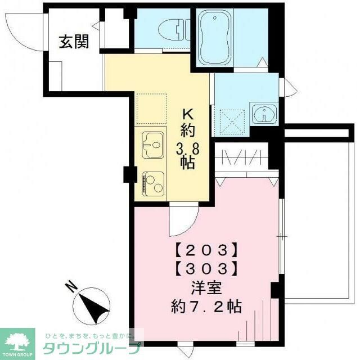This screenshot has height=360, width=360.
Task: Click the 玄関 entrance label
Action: pyautogui.click(x=74, y=42)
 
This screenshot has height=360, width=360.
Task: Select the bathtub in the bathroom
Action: pyautogui.click(x=216, y=38)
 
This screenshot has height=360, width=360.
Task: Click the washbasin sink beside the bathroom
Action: pyautogui.click(x=263, y=114)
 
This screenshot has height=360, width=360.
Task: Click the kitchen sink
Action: pyautogui.click(x=151, y=145)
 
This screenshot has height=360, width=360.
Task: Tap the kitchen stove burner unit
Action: pyautogui.click(x=151, y=182)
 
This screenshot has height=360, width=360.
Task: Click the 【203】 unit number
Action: pyautogui.click(x=205, y=249)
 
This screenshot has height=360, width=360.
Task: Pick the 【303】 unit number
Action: pyautogui.click(x=205, y=268)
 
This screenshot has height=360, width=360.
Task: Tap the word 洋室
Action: pyautogui.click(x=206, y=288)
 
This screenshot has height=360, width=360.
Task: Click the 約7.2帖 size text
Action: pyautogui.click(x=206, y=307)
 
